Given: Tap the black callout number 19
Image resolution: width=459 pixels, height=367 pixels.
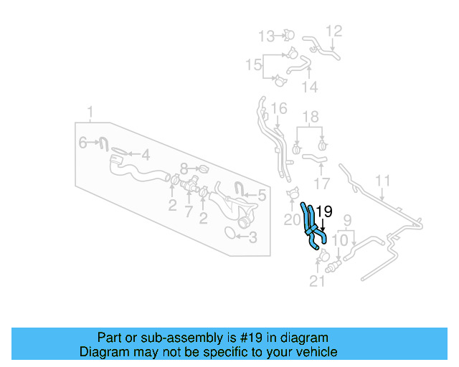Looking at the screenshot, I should coord(324,211).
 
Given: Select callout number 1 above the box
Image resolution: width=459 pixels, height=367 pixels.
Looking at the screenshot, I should coord(90,113).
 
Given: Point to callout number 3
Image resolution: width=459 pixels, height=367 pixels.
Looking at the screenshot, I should coord(252,237).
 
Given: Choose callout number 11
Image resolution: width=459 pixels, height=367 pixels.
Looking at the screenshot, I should coord(383,181).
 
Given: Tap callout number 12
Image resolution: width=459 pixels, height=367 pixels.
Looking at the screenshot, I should coord(334,31).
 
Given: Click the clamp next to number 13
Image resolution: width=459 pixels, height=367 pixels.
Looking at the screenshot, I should coord(288,34).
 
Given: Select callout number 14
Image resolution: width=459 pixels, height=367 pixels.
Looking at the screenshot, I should coord(309,87).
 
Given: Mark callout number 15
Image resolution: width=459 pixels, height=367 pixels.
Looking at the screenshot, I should coord(253,65).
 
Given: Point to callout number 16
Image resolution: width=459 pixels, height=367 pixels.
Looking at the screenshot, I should coord(279,109).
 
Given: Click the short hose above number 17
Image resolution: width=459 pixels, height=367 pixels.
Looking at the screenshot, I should coord(314,157).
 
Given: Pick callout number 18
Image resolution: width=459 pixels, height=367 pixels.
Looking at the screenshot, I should coord(309,117).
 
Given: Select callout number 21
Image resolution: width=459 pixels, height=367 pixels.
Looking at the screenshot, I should coord(317,282).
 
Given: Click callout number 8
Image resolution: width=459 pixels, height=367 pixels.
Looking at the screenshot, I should coord(184,169).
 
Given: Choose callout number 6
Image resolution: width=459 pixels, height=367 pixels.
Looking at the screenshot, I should coord(83,143).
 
